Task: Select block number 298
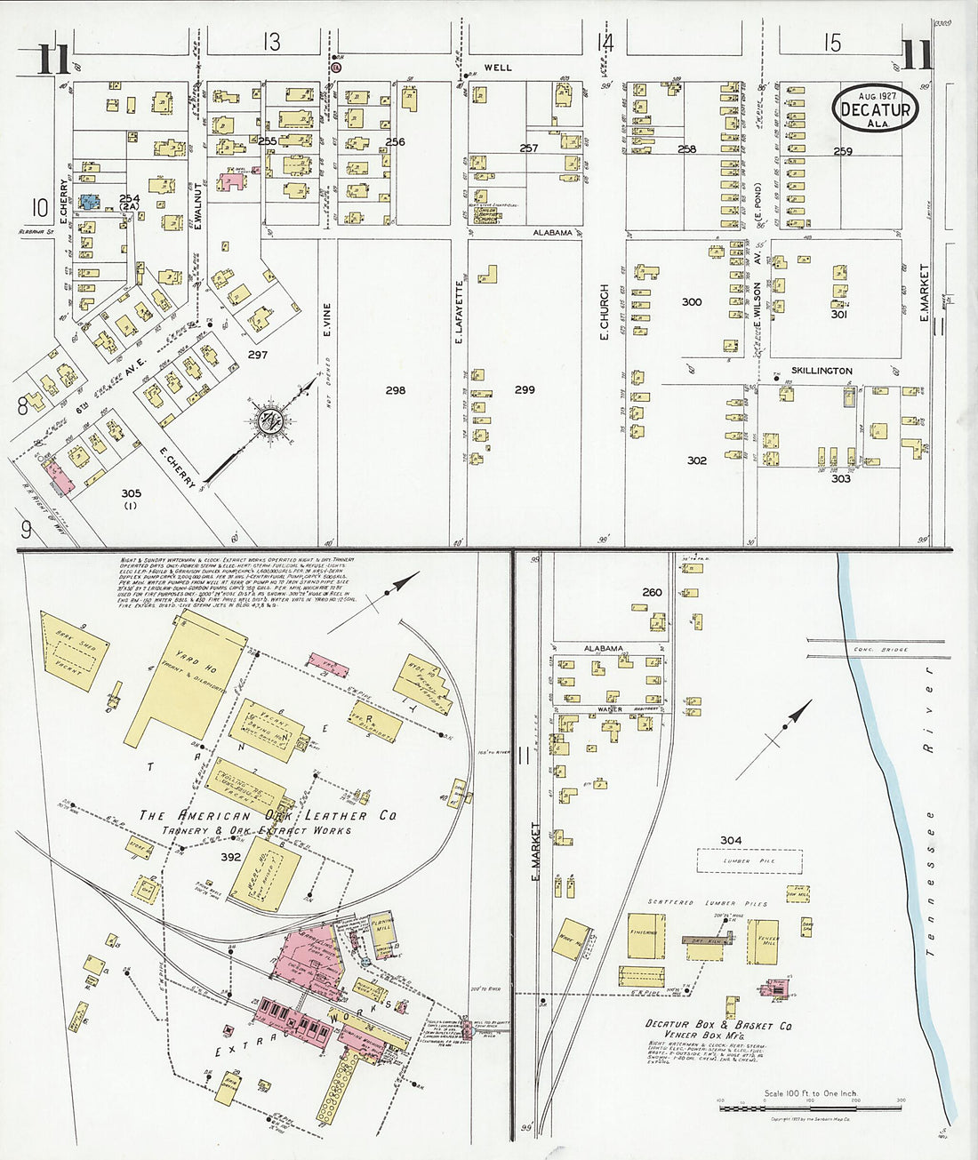395,390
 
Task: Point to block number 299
525,390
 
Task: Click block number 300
692,302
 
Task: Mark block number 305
132,493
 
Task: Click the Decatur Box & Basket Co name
717,1025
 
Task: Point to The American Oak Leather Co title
268,815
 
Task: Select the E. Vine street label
326,320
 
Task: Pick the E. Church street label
605,312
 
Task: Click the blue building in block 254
89,202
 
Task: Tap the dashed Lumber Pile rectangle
749,860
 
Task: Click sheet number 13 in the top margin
271,42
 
